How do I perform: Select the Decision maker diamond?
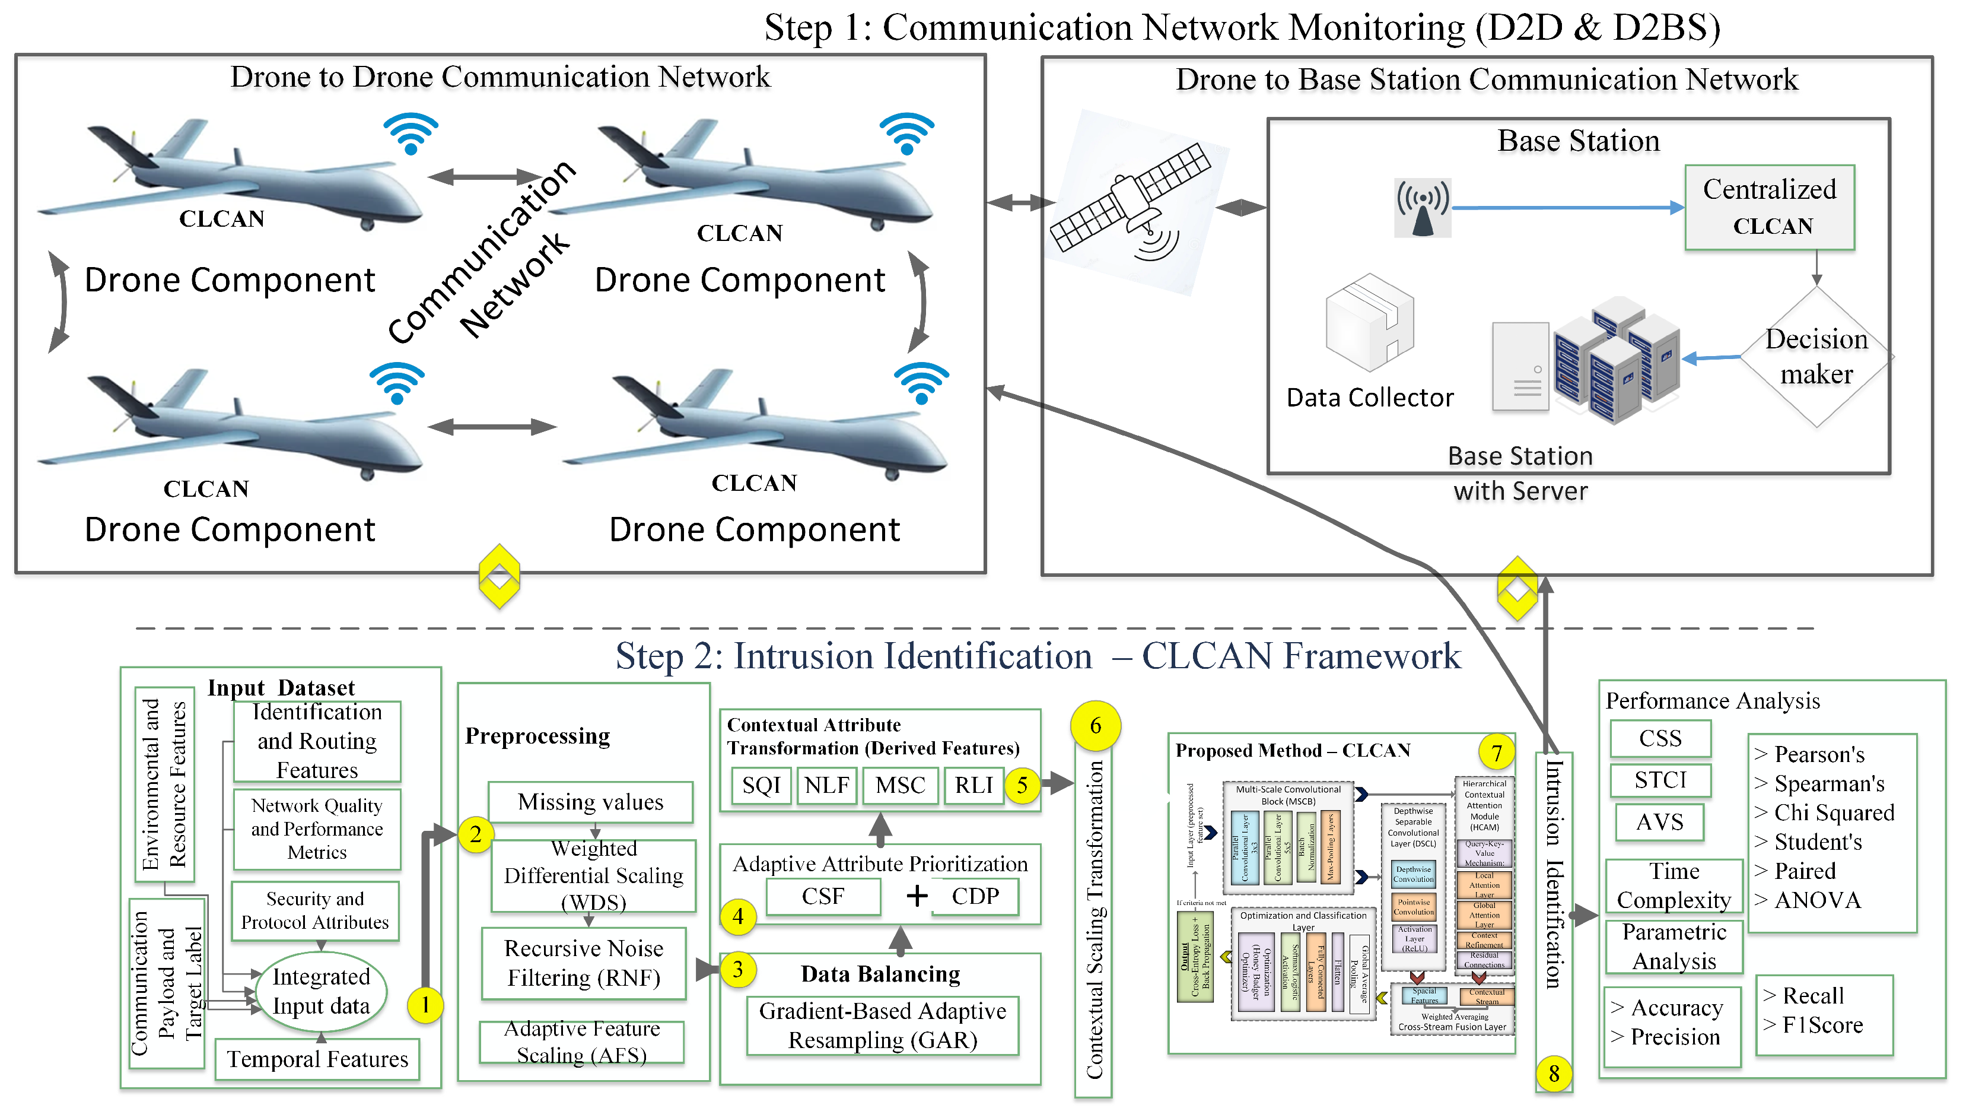click(1816, 356)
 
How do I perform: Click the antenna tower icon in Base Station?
click(1422, 208)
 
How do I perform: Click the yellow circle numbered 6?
click(1095, 725)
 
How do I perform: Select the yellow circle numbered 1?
click(425, 1005)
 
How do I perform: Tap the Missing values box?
click(591, 802)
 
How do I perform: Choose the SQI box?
click(761, 785)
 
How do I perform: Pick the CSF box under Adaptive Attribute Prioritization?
click(823, 896)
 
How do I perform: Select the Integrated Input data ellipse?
click(321, 991)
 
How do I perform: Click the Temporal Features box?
click(317, 1059)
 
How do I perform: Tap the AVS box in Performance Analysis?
click(1659, 822)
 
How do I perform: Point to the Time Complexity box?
click(1674, 885)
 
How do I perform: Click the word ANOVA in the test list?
click(1818, 900)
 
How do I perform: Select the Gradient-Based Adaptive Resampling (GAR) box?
click(883, 1026)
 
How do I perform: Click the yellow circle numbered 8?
click(1554, 1074)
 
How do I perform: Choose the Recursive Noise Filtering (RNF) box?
click(584, 963)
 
